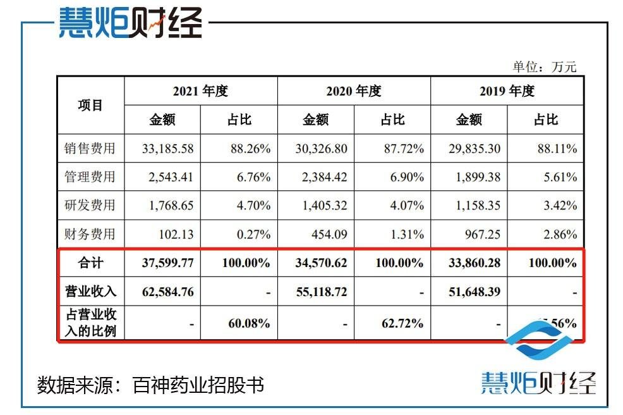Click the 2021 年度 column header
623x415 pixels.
[200, 91]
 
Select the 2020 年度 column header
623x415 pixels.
[354, 91]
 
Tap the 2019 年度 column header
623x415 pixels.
[507, 91]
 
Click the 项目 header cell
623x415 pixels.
[90, 105]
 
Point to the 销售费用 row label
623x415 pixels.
[90, 149]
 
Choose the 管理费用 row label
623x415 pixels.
[90, 177]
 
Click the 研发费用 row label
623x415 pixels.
[90, 206]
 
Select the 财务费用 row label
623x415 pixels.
[90, 234]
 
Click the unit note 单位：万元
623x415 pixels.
[545, 67]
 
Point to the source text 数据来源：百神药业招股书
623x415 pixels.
[150, 385]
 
